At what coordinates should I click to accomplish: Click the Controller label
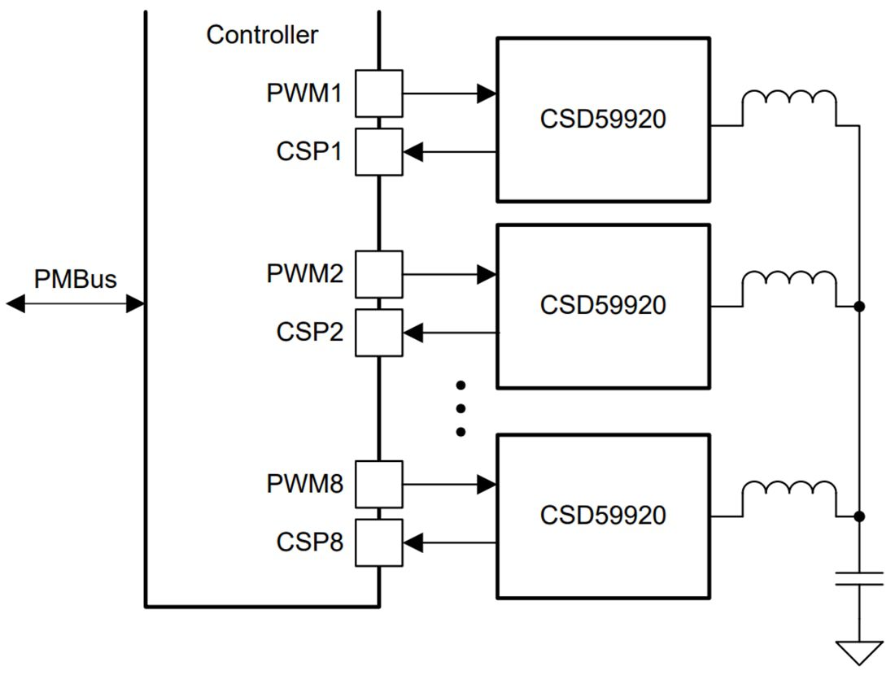(262, 35)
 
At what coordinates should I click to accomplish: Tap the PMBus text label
(75, 279)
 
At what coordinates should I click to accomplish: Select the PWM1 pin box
(378, 94)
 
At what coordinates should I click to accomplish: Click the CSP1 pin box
(378, 151)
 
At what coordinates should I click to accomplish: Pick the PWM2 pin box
(378, 274)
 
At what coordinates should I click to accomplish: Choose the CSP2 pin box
(378, 332)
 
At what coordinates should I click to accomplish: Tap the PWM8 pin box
(378, 484)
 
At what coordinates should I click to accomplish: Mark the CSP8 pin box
(378, 542)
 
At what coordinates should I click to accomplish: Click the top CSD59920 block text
(603, 120)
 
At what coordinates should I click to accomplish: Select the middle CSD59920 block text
(603, 305)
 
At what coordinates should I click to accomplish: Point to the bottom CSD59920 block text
(603, 516)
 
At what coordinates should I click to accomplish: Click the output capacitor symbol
(859, 578)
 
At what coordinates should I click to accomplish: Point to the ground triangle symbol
(859, 651)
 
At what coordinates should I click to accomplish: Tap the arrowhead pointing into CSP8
(413, 542)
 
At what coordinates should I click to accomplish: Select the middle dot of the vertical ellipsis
(460, 408)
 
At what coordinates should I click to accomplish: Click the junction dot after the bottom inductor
(859, 516)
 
